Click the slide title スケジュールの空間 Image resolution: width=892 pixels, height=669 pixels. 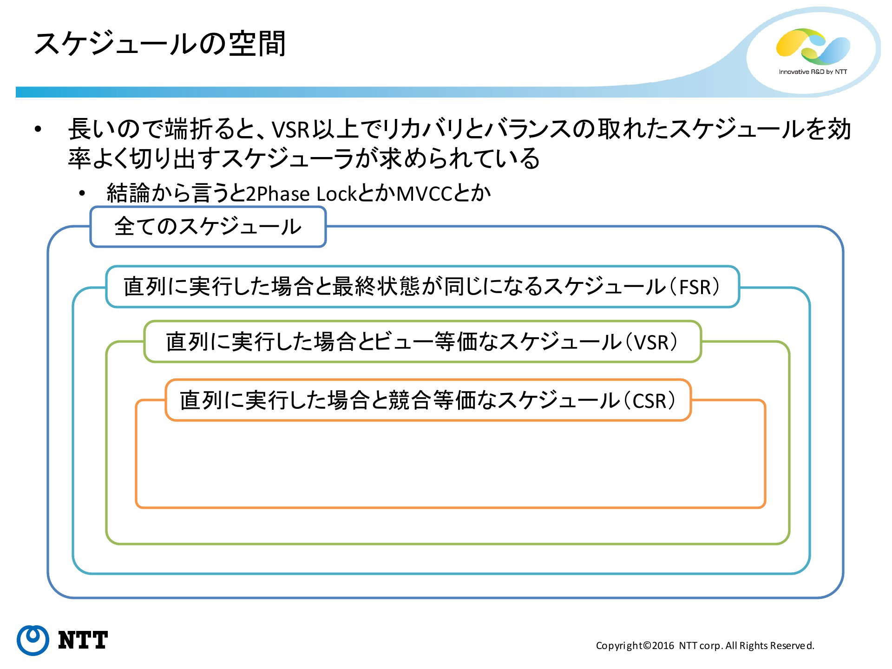159,45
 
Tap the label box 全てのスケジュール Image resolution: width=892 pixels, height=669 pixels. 208,227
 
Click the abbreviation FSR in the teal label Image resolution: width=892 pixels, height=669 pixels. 695,287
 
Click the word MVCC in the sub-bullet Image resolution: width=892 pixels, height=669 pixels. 424,194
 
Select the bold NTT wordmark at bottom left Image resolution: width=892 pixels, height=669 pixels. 83,640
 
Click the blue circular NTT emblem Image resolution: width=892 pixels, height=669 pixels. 33,640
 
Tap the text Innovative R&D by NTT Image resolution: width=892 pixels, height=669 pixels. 813,72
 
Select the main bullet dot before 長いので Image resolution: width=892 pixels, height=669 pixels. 38,130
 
